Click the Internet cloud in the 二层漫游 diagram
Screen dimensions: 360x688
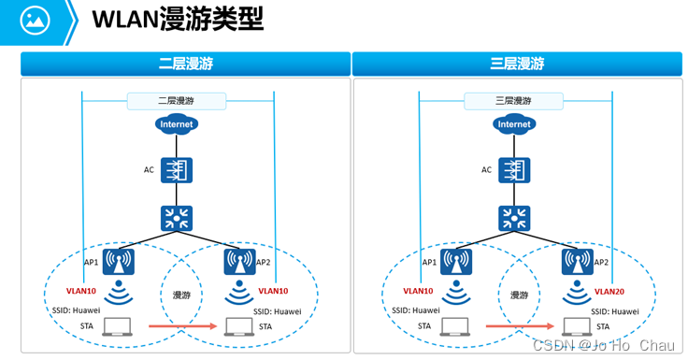178,123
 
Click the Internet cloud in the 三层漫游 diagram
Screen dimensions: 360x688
514,123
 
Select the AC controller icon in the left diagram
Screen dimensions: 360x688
177,170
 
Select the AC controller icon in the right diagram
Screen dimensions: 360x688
513,170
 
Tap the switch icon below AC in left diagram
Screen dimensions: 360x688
177,219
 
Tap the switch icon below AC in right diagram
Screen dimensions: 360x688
513,219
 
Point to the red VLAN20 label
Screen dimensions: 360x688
609,291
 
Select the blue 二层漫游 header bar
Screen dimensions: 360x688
185,65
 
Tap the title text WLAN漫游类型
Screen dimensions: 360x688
178,19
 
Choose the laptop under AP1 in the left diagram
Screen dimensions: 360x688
119,326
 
